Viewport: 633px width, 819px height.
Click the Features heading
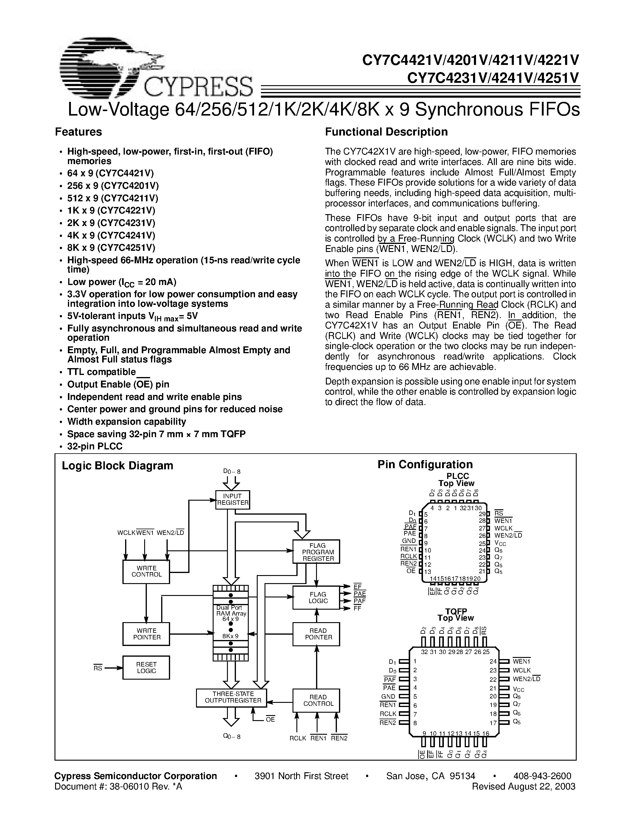point(78,132)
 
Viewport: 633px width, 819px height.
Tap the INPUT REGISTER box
point(233,499)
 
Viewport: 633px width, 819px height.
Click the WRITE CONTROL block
point(146,572)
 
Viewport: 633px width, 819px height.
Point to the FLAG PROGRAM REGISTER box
point(316,552)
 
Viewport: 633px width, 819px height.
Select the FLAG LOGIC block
point(316,598)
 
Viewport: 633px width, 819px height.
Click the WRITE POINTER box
point(146,634)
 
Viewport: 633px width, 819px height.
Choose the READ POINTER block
point(316,634)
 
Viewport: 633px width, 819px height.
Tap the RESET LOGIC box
point(146,667)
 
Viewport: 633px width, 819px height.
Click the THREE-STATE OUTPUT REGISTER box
point(231,697)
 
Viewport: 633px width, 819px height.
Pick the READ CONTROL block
point(316,700)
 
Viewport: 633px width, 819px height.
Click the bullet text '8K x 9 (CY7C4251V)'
point(111,248)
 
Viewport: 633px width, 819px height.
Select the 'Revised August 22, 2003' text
point(523,786)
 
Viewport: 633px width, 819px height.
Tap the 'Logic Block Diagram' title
point(117,466)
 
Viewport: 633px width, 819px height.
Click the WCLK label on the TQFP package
point(522,670)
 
